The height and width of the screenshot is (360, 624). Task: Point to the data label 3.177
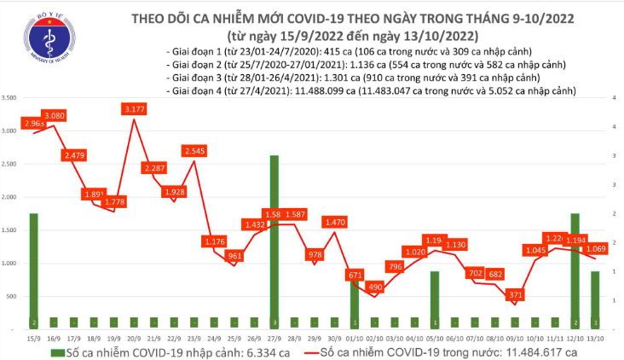tap(136, 109)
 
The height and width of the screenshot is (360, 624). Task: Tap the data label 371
tap(514, 293)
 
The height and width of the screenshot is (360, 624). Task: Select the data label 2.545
tap(194, 151)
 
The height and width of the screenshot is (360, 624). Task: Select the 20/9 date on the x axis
tap(134, 338)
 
